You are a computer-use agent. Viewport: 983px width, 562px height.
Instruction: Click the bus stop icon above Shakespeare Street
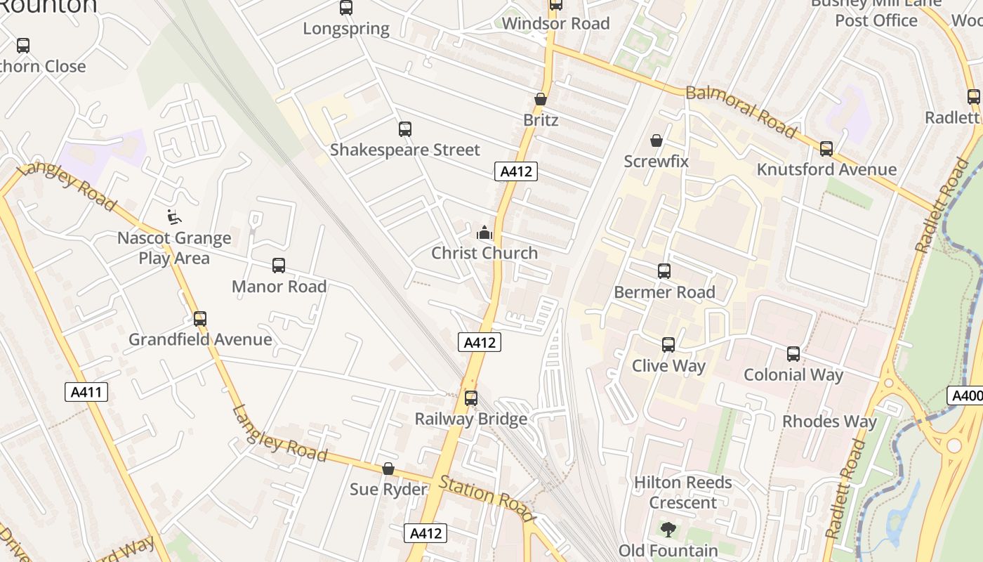coord(404,129)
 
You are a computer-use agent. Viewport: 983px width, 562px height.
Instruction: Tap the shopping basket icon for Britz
coord(540,99)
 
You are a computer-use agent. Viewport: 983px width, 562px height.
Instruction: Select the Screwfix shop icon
coord(656,140)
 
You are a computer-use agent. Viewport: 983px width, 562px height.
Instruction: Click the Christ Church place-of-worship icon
coord(484,233)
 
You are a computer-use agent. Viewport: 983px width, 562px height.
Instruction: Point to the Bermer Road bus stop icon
coord(664,271)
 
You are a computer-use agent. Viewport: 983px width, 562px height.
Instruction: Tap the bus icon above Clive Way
coord(668,345)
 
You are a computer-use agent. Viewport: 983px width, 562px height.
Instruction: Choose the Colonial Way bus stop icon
coord(793,354)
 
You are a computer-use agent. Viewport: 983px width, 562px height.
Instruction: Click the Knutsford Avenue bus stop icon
coord(826,149)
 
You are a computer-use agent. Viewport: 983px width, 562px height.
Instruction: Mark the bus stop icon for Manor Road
coord(278,266)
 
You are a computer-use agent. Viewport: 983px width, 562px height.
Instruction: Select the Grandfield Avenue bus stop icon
coord(200,319)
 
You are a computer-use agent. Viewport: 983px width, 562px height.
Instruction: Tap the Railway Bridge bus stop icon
coord(470,398)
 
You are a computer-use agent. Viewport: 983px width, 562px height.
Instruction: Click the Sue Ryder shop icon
coord(388,469)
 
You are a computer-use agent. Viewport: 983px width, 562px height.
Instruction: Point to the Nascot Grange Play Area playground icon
coord(173,217)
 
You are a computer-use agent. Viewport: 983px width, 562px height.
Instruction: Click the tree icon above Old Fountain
coord(668,530)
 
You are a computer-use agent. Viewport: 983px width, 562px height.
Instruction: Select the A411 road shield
coord(87,392)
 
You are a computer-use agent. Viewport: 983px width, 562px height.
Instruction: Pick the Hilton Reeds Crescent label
coord(682,492)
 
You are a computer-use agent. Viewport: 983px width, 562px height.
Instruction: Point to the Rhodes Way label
coord(829,421)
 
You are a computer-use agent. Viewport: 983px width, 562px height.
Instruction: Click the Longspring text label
coord(345,29)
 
